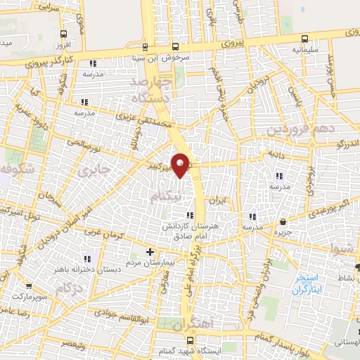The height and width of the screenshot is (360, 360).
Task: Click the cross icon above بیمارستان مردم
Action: pyautogui.click(x=149, y=252)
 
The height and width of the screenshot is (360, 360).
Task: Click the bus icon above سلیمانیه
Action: pyautogui.click(x=304, y=39)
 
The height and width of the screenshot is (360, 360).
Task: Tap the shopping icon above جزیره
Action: pyautogui.click(x=283, y=221)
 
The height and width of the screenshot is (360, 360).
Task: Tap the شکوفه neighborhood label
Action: pyautogui.click(x=14, y=169)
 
